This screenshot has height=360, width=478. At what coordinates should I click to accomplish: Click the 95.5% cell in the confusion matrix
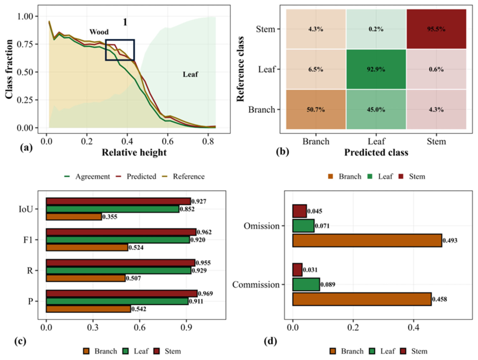436,29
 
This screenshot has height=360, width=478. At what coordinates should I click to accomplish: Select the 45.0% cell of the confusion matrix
376,109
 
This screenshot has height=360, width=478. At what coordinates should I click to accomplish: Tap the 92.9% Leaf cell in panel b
376,69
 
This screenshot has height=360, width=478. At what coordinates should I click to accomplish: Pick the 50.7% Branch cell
316,109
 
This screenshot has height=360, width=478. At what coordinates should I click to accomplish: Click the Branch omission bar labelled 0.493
367,240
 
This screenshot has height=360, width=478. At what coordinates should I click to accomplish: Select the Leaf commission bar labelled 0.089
306,284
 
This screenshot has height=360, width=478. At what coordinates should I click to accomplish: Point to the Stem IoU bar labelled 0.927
118,201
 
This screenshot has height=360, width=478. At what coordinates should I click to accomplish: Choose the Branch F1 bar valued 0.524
87,247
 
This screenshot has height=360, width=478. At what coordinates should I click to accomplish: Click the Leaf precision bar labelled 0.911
117,301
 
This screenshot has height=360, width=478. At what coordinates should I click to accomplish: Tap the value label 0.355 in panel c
110,217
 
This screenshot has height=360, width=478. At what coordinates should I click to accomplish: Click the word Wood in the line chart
99,32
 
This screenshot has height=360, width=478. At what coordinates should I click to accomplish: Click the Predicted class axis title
376,152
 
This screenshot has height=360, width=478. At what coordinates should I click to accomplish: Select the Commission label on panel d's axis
256,284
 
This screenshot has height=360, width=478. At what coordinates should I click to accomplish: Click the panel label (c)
20,341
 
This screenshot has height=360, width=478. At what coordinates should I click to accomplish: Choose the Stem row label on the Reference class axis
266,29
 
